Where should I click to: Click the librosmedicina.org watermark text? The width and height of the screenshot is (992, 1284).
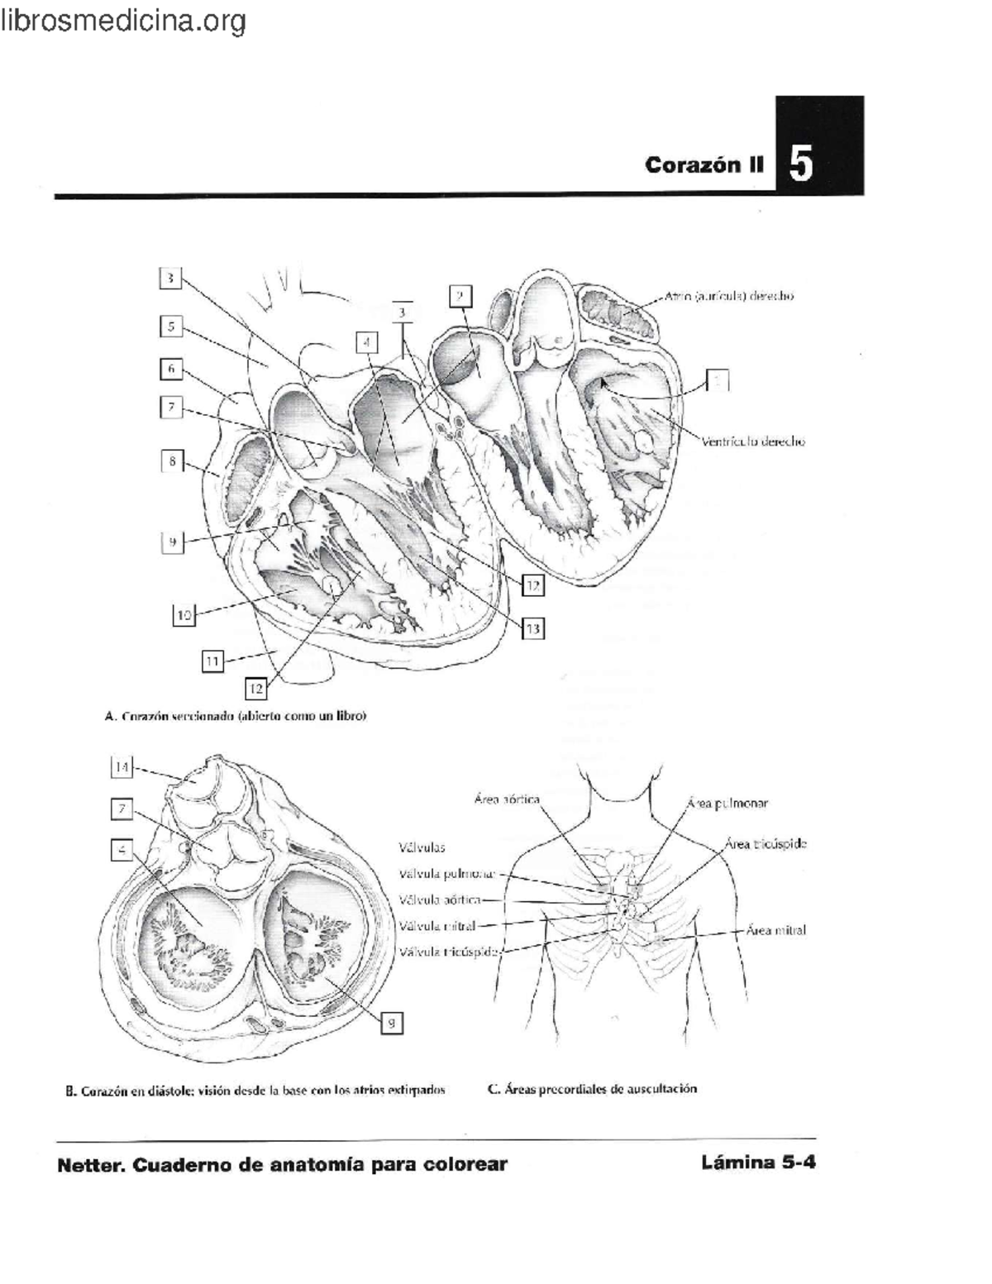123,20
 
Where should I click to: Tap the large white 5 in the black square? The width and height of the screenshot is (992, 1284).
800,163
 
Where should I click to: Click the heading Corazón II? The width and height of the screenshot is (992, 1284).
704,165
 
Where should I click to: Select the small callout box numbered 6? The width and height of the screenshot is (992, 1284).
170,369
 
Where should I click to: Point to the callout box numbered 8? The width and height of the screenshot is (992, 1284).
171,461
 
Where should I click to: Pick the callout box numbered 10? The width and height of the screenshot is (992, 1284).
184,615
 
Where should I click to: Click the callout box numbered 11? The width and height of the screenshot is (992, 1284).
212,661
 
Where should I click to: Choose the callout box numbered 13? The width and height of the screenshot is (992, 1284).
532,629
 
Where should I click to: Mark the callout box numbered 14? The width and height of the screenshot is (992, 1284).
122,767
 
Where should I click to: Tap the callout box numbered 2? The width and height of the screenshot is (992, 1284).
460,296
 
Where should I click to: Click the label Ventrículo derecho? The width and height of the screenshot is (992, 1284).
753,442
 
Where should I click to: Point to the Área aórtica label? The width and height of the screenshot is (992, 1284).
507,799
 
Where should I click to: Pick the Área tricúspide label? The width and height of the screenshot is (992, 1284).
765,844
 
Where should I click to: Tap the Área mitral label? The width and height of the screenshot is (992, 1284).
775,930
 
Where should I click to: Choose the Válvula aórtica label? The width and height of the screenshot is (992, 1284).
439,900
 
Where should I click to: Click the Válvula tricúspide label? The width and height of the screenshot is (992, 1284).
449,952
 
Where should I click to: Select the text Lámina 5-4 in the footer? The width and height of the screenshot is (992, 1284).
758,1162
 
